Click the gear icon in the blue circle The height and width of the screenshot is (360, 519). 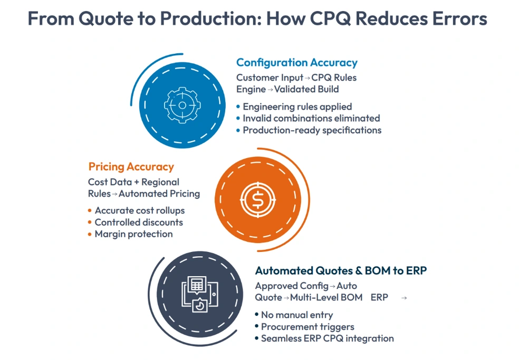182,105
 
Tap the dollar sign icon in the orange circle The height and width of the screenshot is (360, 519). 257,199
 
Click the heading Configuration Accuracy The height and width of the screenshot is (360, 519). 296,62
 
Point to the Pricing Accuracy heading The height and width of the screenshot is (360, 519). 131,167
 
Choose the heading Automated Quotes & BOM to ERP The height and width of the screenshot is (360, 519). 341,270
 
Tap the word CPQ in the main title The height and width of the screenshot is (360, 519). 333,19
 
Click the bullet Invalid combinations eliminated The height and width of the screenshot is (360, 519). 311,118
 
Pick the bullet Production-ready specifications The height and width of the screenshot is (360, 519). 312,130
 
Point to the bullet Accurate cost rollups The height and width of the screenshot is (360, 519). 139,210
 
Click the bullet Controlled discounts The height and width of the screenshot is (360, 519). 139,222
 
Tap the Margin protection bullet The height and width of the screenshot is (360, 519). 133,233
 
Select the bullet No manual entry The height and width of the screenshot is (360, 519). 296,315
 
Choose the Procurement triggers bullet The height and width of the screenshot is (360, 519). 307,326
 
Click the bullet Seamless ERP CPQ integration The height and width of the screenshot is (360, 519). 327,338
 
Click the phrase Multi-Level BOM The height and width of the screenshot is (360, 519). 326,297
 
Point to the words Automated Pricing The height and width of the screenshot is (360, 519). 159,193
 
